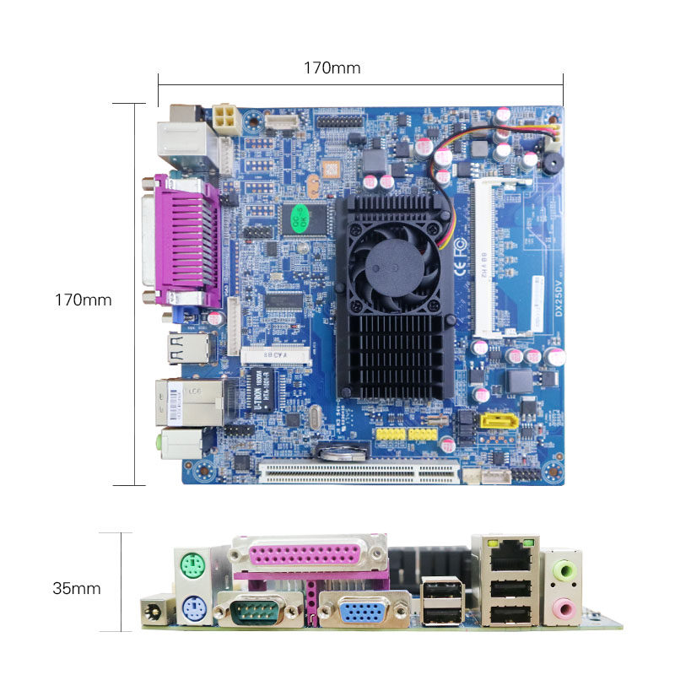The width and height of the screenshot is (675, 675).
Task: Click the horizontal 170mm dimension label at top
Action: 332,68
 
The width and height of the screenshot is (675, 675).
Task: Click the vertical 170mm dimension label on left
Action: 83,300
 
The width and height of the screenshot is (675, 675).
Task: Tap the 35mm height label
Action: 76,588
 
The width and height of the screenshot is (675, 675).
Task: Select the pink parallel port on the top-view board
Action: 186,243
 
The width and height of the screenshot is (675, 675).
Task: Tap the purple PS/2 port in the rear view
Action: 194,609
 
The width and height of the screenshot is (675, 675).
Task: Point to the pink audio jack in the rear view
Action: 561,607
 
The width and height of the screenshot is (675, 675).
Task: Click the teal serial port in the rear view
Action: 257,609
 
